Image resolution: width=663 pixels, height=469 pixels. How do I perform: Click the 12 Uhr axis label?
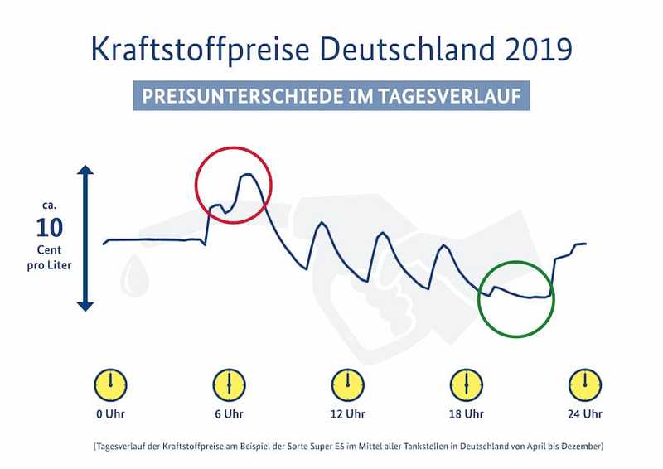347,414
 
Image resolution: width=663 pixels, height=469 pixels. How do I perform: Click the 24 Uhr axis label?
585,414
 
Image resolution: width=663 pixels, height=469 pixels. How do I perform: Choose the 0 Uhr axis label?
109,414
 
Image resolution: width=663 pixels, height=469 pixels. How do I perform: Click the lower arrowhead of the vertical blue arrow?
85,304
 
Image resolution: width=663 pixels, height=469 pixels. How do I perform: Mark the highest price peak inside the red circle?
246,175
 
